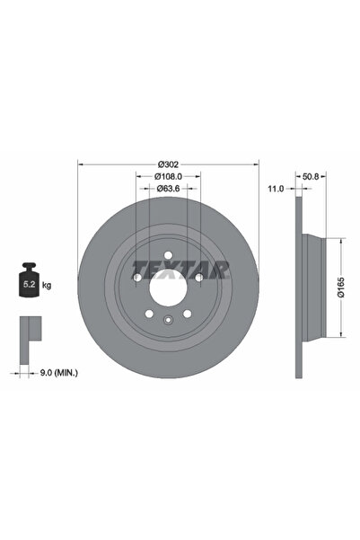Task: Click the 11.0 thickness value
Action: tap(277, 189)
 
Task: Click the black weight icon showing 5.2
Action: tap(30, 283)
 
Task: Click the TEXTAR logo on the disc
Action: tap(180, 268)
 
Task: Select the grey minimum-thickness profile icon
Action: tap(29, 330)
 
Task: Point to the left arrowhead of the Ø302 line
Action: tap(82, 164)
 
